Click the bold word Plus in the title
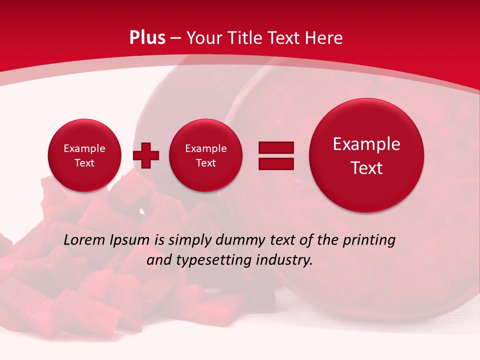(x=147, y=38)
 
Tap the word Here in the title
(x=325, y=38)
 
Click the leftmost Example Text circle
(x=84, y=155)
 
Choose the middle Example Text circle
(x=206, y=155)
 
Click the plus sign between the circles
(x=146, y=155)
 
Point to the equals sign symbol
(x=276, y=155)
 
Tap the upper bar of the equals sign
(x=276, y=147)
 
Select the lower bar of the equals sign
(x=276, y=163)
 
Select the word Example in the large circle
(x=366, y=144)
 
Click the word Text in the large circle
(x=366, y=168)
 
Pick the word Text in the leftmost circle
(x=84, y=163)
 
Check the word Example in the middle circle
(x=206, y=148)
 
